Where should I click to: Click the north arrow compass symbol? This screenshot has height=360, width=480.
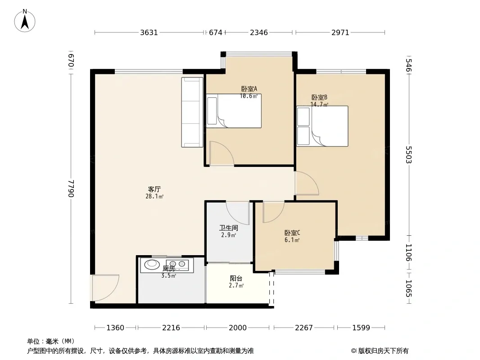pyautogui.click(x=25, y=21)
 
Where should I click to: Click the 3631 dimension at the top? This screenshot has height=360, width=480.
pyautogui.click(x=149, y=32)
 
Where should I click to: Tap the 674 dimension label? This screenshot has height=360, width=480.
pyautogui.click(x=216, y=32)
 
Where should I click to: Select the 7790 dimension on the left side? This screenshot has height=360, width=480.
pyautogui.click(x=71, y=188)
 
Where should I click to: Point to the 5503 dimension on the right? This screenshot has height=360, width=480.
pyautogui.click(x=409, y=155)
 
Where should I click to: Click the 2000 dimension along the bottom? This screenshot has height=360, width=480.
pyautogui.click(x=238, y=328)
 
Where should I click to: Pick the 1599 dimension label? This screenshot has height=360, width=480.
pyautogui.click(x=361, y=328)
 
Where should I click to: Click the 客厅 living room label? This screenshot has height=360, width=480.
pyautogui.click(x=154, y=189)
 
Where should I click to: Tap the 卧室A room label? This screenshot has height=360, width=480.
pyautogui.click(x=249, y=89)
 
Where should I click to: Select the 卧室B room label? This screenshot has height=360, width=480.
pyautogui.click(x=319, y=98)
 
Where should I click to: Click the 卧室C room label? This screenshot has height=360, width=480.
pyautogui.click(x=292, y=233)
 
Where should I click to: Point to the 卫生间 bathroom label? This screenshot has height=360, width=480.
pyautogui.click(x=229, y=228)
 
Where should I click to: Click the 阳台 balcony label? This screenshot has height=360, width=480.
pyautogui.click(x=236, y=279)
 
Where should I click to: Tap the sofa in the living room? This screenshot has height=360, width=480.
pyautogui.click(x=192, y=112)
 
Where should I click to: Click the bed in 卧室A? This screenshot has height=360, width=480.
pyautogui.click(x=234, y=111)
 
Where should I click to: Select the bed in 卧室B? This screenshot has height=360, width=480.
pyautogui.click(x=322, y=126)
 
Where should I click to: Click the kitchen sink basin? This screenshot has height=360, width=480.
pyautogui.click(x=152, y=264)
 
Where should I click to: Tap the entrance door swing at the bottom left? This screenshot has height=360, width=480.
pyautogui.click(x=105, y=288)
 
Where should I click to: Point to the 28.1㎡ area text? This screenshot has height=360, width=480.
pyautogui.click(x=154, y=196)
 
